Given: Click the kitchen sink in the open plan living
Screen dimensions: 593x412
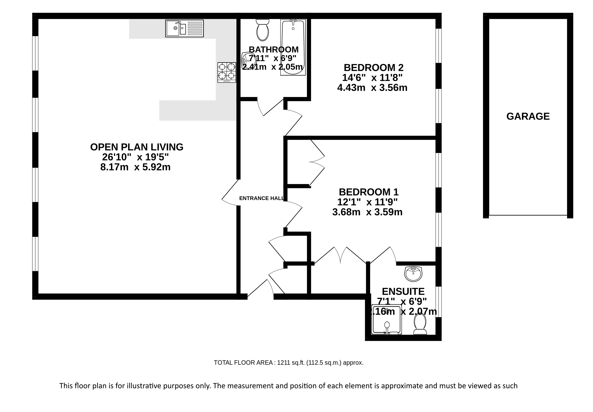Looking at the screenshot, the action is (184, 28).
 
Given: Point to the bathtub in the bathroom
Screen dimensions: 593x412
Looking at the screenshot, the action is (293, 47).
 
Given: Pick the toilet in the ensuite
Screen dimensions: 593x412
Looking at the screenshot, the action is (420, 324).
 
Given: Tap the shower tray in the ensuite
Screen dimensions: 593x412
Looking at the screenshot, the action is (387, 319).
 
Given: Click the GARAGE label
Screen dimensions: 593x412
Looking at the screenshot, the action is (528, 117).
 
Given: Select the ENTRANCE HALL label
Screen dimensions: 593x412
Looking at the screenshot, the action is (261, 198).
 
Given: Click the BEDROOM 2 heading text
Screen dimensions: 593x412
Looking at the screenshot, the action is (374, 68).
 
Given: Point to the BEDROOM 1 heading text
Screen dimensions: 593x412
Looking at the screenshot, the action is (369, 192).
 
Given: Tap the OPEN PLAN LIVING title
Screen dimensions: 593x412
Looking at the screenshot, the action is (137, 147).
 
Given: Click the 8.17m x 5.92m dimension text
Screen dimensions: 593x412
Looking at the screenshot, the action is (136, 167).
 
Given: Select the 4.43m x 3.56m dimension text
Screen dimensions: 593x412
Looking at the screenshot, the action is (372, 88).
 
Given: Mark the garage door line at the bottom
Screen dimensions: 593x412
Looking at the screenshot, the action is (528, 215).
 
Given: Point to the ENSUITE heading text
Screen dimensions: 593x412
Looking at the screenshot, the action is (403, 291).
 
